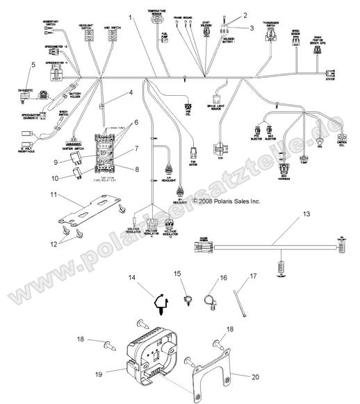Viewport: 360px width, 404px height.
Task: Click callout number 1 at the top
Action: (x=129, y=15)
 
